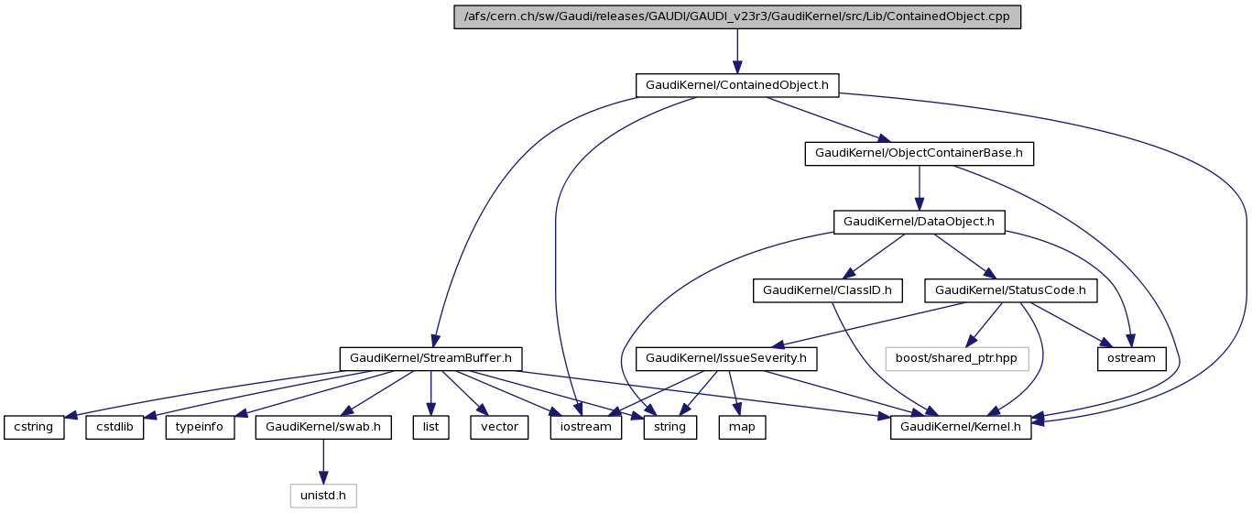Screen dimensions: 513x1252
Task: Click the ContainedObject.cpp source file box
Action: [737, 17]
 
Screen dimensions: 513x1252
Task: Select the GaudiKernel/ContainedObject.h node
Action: [737, 85]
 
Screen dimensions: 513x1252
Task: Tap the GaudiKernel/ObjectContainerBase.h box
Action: [919, 154]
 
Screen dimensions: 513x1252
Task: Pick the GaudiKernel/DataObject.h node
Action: [919, 222]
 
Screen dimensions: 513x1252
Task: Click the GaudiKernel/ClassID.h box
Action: [827, 290]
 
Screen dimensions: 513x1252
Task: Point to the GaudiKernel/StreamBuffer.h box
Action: [431, 358]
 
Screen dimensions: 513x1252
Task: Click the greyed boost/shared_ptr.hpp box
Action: [957, 358]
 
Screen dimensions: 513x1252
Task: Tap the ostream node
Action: [1131, 358]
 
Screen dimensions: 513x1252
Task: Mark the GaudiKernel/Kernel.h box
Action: [961, 427]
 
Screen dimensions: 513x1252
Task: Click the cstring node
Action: [34, 427]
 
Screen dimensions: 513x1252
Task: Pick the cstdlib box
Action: [115, 427]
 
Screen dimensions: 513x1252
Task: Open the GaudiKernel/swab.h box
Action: [323, 427]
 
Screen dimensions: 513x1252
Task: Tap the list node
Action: [430, 427]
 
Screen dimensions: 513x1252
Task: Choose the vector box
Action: [499, 427]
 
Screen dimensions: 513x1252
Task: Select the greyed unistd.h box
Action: [323, 496]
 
